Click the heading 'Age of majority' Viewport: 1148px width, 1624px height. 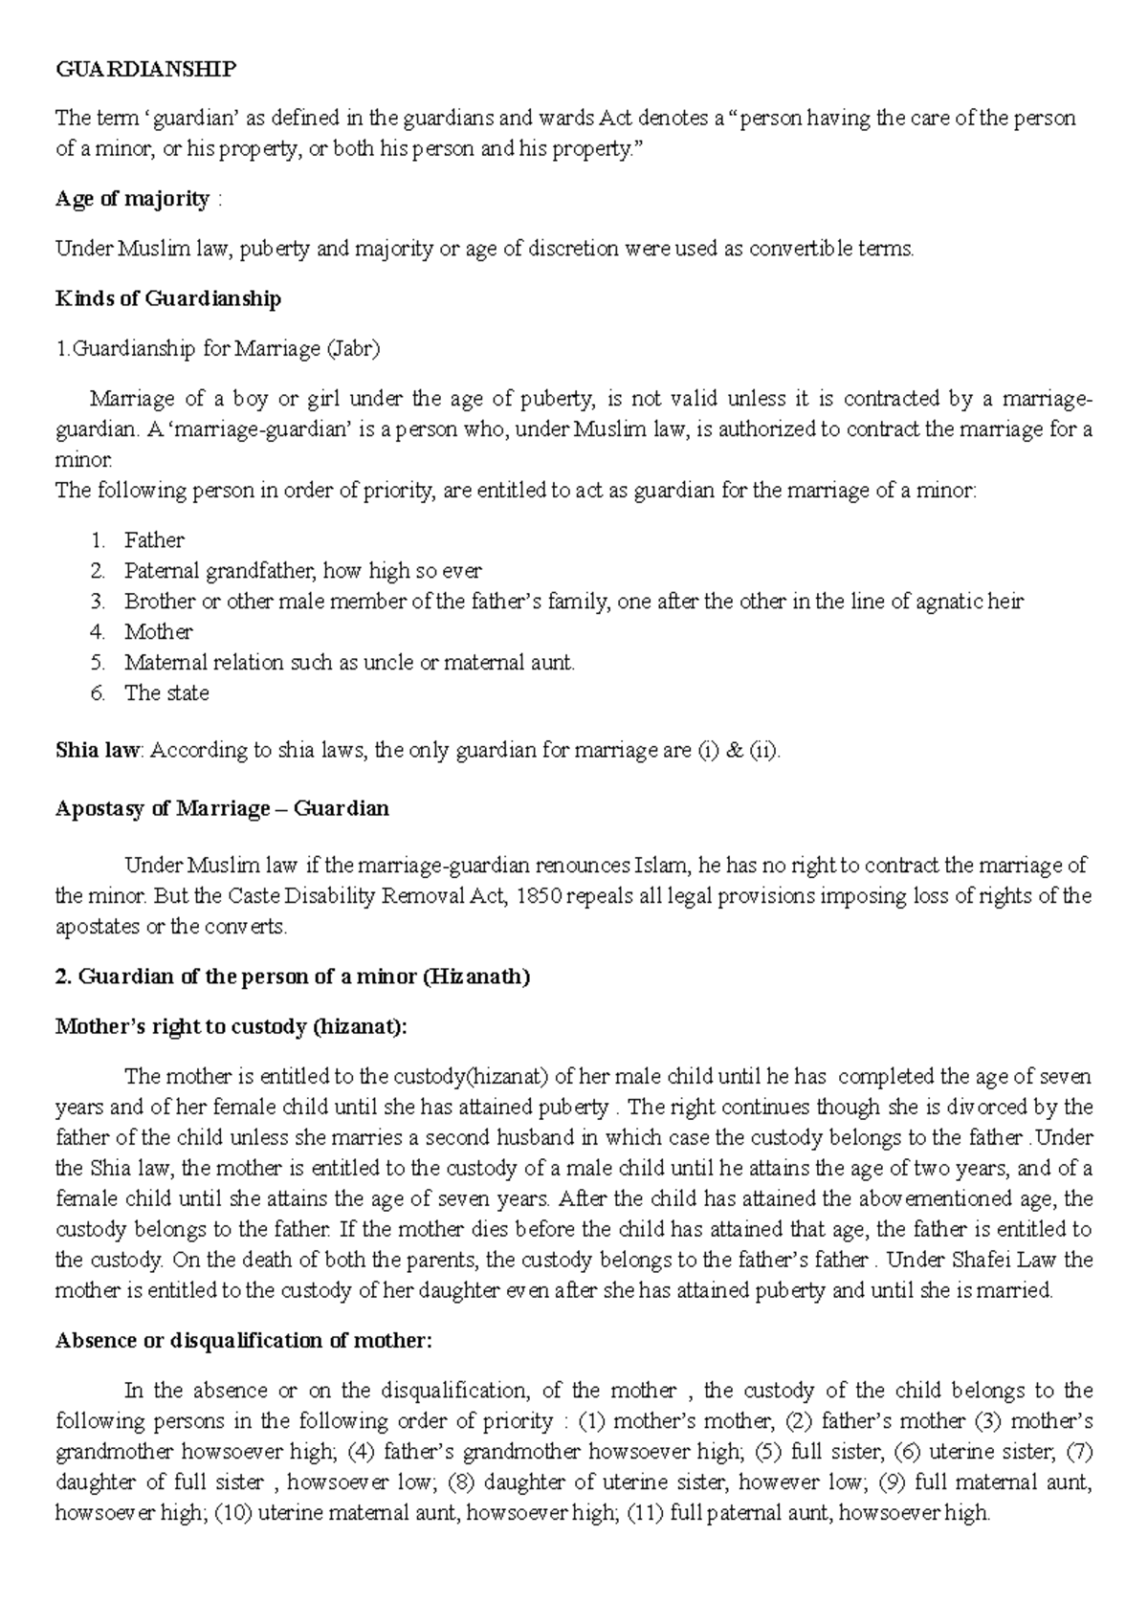(x=132, y=199)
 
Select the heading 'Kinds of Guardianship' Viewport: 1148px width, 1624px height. (x=168, y=298)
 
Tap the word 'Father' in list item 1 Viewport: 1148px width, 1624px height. (x=154, y=540)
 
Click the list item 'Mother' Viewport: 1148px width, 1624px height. (x=158, y=632)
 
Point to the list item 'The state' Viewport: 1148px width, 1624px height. (x=166, y=693)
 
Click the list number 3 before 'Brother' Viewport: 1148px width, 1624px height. (x=98, y=602)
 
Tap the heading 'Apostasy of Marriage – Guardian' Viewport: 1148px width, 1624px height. (x=222, y=808)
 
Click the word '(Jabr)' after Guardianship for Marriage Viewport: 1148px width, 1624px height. (x=353, y=349)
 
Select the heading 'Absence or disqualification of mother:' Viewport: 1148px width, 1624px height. (x=244, y=1340)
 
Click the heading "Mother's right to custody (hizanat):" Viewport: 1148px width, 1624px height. (x=232, y=1026)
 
